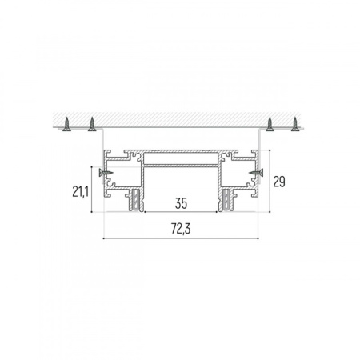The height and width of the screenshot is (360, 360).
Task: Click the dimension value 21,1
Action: click(x=80, y=191)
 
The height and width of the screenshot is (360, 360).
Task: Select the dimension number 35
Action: click(x=181, y=203)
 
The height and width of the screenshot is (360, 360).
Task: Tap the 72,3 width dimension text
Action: click(x=181, y=229)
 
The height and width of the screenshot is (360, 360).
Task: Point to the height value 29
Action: click(x=279, y=182)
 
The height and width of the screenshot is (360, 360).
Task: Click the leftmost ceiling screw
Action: click(x=66, y=124)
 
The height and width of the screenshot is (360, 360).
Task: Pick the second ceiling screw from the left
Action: click(x=92, y=124)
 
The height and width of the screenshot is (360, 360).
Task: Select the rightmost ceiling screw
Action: click(x=295, y=124)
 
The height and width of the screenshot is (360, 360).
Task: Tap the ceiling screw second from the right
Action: click(x=270, y=124)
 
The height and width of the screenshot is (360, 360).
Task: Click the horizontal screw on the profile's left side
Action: click(x=106, y=173)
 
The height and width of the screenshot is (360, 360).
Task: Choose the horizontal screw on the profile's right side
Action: click(x=256, y=173)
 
